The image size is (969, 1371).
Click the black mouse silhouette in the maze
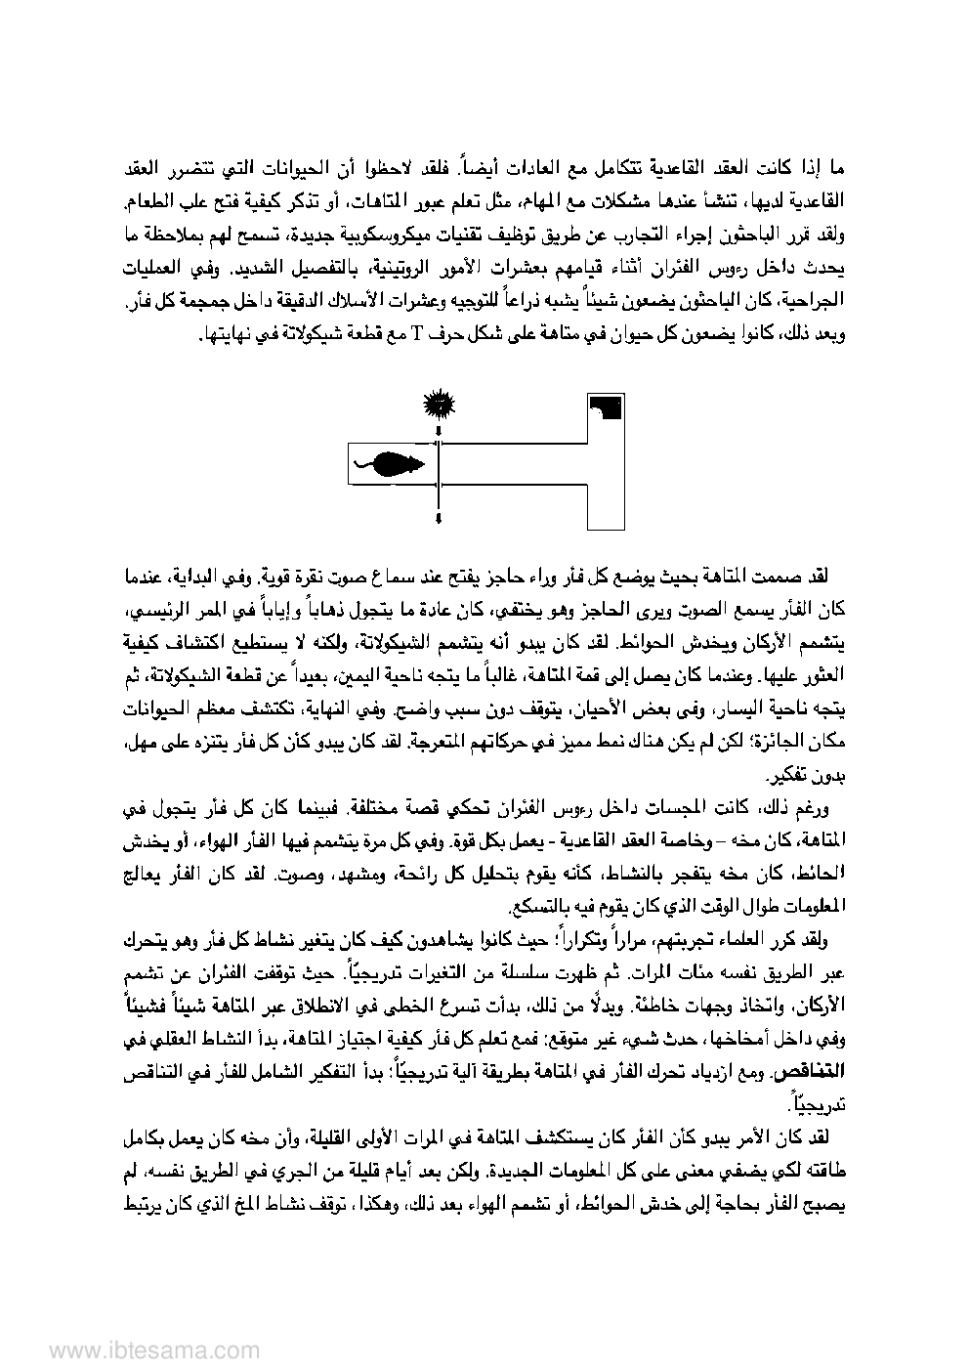pos(396,463)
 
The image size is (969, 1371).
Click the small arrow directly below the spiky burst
pos(440,430)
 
